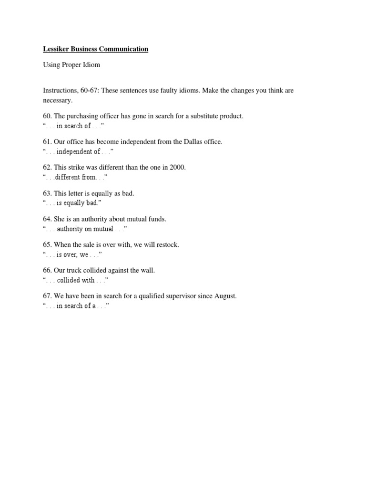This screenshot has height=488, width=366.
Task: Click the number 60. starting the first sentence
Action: pyautogui.click(x=47, y=116)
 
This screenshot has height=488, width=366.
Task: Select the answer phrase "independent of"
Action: pyautogui.click(x=78, y=152)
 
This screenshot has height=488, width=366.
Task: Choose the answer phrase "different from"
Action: pyautogui.click(x=76, y=177)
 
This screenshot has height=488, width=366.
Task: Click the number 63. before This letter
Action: pyautogui.click(x=47, y=193)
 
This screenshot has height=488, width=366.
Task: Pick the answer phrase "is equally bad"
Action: pyautogui.click(x=77, y=203)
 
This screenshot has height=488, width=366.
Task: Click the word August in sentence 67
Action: pyautogui.click(x=224, y=296)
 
